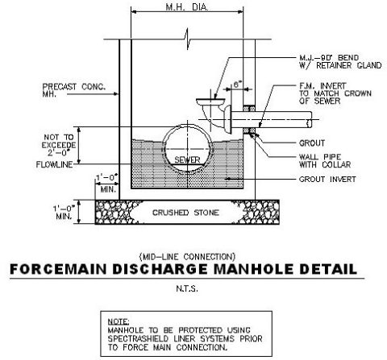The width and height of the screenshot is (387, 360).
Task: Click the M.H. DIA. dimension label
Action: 187,7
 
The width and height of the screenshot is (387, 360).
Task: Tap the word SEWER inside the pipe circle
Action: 187,160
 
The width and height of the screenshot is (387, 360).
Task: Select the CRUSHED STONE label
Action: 185,213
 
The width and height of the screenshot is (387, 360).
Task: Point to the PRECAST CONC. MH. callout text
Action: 74,90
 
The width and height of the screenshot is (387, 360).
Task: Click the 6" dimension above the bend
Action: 236,85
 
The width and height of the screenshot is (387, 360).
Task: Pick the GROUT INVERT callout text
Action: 327,179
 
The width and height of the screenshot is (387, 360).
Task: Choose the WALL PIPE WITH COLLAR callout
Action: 325,160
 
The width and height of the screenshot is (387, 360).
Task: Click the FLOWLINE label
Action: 55,164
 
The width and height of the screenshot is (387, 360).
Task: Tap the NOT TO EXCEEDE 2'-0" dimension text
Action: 59,145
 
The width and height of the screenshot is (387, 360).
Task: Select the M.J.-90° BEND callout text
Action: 340,61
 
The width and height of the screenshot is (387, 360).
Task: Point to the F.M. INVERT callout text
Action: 335,93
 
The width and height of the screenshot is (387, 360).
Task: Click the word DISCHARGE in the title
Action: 160,269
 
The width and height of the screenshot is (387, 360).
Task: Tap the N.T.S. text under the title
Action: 187,289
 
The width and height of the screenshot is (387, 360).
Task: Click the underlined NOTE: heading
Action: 119,321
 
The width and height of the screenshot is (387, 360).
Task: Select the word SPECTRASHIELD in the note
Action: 138,338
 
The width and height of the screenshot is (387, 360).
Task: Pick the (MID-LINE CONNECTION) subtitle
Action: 187,257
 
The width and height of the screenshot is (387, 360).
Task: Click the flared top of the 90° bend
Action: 210,101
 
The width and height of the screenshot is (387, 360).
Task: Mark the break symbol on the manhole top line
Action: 188,39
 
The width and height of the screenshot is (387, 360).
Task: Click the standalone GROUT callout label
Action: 312,143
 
